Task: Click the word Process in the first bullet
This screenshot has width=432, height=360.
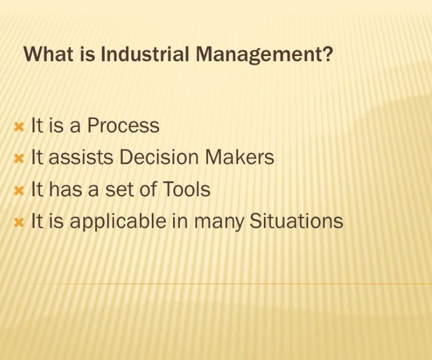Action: tap(123, 126)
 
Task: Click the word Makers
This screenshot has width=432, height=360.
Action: tap(239, 158)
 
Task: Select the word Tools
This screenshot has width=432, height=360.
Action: tap(186, 190)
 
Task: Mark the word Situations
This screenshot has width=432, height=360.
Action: tap(296, 221)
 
